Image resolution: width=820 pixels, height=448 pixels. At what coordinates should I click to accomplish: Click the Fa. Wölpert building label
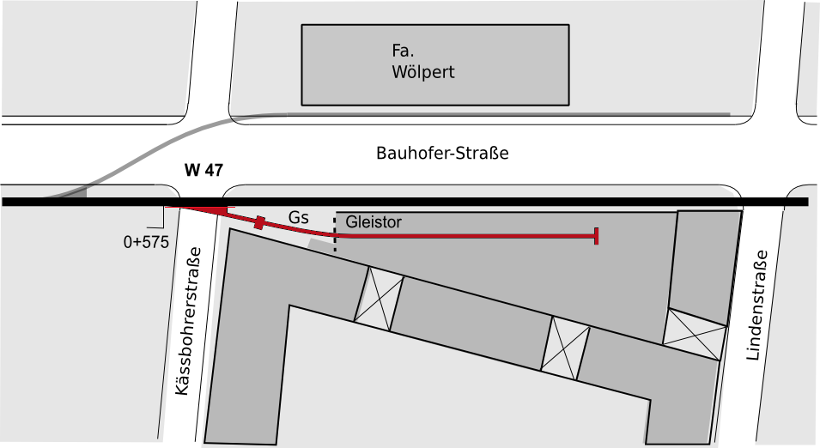point(423,61)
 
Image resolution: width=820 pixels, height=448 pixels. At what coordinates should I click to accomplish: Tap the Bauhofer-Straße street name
point(442,153)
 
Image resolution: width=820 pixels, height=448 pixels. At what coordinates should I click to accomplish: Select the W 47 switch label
point(203,170)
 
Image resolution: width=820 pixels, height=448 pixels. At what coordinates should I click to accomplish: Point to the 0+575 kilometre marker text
point(147,242)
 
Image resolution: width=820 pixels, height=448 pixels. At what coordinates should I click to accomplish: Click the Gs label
point(299,217)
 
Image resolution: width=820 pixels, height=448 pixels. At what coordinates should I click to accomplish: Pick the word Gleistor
point(374,222)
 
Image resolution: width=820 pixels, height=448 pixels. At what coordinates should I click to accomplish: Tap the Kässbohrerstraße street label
point(189,321)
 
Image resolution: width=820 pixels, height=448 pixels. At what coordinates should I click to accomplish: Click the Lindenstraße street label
point(758,306)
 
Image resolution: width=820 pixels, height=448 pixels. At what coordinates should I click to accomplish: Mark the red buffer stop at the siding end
point(597,236)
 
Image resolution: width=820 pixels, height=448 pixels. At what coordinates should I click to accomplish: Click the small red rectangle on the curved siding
point(258,222)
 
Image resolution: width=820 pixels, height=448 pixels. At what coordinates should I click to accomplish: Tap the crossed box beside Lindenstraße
point(695,334)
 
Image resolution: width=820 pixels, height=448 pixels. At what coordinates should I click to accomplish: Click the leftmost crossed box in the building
point(380,299)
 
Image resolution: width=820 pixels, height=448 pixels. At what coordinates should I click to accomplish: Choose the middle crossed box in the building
point(565,348)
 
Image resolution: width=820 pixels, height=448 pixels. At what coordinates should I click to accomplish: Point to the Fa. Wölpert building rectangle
point(435,65)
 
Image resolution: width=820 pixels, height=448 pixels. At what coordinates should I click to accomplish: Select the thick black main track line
point(405,202)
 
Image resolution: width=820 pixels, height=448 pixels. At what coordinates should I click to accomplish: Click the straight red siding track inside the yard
point(465,236)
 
